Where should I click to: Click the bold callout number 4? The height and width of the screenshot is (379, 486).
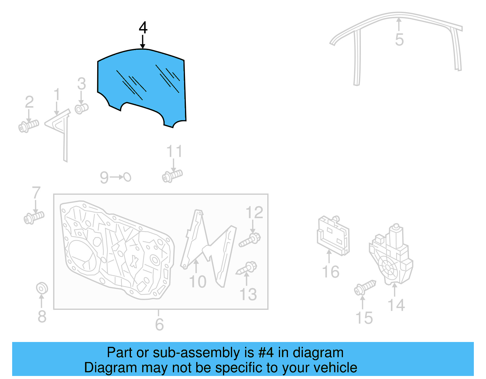pyautogui.click(x=143, y=28)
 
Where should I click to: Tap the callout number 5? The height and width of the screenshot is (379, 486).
pyautogui.click(x=399, y=40)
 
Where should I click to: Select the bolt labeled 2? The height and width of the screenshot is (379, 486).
pyautogui.click(x=29, y=126)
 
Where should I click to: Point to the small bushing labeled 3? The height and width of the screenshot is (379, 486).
pyautogui.click(x=81, y=108)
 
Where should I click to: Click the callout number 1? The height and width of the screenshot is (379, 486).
pyautogui.click(x=57, y=94)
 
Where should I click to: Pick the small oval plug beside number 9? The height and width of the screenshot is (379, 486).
pyautogui.click(x=127, y=177)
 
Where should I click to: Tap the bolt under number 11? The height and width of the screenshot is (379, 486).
pyautogui.click(x=172, y=176)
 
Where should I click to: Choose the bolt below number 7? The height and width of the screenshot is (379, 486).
pyautogui.click(x=34, y=218)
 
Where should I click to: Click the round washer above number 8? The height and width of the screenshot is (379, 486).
pyautogui.click(x=42, y=288)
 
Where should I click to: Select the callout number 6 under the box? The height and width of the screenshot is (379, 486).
pyautogui.click(x=159, y=324)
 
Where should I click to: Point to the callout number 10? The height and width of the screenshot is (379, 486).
pyautogui.click(x=197, y=282)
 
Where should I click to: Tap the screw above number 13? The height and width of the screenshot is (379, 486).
pyautogui.click(x=247, y=268)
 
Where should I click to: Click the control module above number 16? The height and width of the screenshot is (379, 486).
pyautogui.click(x=333, y=235)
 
